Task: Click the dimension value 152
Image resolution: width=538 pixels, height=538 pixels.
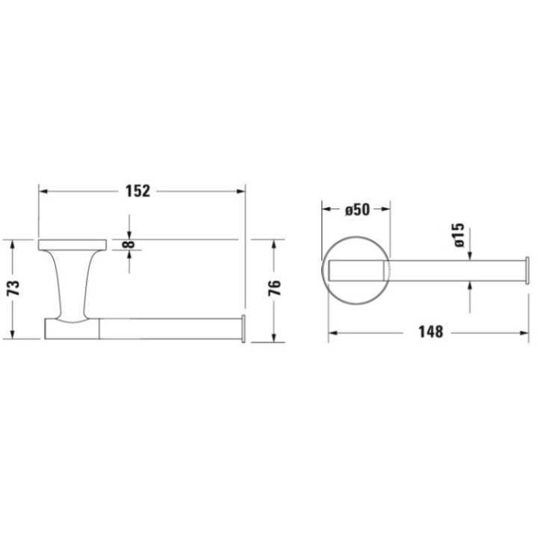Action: click(138, 191)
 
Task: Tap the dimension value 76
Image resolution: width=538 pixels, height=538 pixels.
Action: click(274, 288)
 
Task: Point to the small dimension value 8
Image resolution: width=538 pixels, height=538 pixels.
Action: click(130, 244)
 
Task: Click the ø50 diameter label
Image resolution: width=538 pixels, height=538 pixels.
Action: click(357, 210)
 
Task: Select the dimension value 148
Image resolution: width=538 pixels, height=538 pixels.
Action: click(430, 331)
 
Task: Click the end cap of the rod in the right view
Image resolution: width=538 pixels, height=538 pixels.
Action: click(528, 270)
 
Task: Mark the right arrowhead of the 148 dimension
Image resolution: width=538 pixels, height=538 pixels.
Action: click(525, 331)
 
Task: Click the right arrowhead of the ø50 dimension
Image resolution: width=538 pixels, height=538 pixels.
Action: click(386, 210)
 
